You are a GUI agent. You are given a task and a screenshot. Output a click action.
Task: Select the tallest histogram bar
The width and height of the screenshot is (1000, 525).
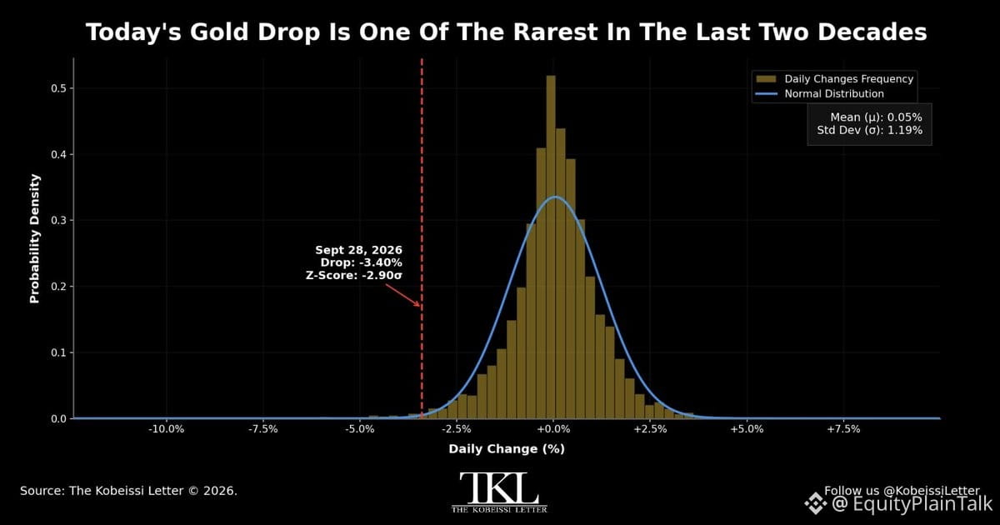[x=551, y=247]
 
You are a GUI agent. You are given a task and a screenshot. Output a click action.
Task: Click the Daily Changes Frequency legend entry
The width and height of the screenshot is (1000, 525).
[x=835, y=79]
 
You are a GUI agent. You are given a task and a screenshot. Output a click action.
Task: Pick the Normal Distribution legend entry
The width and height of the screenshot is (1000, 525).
[x=820, y=93]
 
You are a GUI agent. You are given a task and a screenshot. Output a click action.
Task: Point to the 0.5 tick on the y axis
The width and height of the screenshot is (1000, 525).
[x=58, y=88]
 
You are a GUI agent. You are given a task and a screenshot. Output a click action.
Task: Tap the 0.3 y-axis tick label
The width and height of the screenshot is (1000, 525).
[x=58, y=221]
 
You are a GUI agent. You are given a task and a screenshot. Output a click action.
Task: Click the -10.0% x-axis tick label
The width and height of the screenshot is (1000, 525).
[x=167, y=429]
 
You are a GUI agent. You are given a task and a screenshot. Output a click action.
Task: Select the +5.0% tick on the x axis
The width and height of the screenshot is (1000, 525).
[x=747, y=429]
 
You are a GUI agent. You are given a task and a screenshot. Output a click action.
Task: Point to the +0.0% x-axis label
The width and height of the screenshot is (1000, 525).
[x=553, y=429]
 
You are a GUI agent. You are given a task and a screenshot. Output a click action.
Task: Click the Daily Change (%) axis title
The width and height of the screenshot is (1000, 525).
[x=507, y=449]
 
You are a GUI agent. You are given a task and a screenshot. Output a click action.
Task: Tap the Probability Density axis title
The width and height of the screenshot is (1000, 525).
[x=35, y=239]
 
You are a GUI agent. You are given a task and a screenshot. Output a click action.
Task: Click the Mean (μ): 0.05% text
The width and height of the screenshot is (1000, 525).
[x=876, y=117]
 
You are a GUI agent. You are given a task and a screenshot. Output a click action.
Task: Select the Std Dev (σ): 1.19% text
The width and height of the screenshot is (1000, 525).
[x=870, y=130]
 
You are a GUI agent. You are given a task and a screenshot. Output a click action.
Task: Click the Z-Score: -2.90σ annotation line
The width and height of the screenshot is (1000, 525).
[x=354, y=275]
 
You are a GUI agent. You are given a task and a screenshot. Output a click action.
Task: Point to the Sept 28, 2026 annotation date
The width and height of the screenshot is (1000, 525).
[x=358, y=250]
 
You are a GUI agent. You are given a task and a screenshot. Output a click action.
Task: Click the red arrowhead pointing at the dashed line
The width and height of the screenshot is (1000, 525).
[x=417, y=304]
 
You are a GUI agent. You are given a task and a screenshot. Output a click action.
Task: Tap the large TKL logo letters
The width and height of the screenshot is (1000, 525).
[x=499, y=488]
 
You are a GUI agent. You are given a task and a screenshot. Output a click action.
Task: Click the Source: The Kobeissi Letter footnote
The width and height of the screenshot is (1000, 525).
[x=128, y=491]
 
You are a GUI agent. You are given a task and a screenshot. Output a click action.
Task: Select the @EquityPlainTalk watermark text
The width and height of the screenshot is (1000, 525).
[x=911, y=504]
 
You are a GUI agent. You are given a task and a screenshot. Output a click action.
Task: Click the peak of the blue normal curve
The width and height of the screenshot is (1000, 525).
[x=554, y=197]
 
